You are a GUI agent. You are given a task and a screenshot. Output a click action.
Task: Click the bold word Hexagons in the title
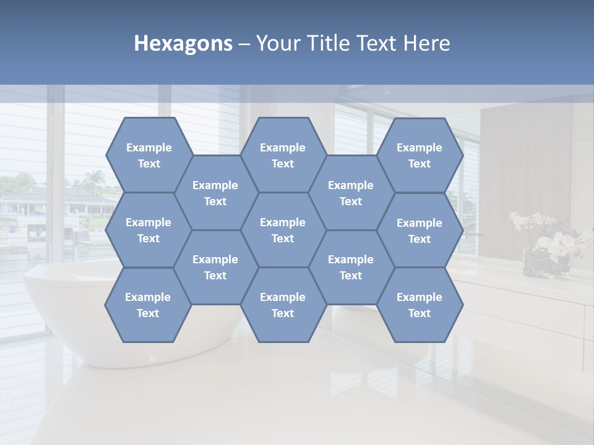click(x=183, y=43)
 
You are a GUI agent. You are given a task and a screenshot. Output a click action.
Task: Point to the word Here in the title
click(x=427, y=43)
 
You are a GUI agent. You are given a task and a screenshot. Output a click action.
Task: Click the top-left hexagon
click(x=148, y=155)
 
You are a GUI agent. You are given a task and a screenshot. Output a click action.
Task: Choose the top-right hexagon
click(x=420, y=155)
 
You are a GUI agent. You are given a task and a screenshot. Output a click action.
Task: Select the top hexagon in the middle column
click(x=283, y=155)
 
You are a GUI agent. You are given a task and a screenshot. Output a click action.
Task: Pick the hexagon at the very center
click(x=283, y=230)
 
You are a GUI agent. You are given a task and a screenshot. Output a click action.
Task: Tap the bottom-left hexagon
click(x=148, y=305)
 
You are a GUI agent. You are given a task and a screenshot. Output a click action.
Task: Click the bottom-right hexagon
click(x=420, y=305)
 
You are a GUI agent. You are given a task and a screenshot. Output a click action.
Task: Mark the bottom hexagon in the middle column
click(x=283, y=305)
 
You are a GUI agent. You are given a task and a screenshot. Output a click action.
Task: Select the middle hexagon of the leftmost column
click(x=148, y=230)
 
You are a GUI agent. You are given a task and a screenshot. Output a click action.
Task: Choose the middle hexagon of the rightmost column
click(x=420, y=231)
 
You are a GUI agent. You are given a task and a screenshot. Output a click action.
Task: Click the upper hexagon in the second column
click(x=215, y=193)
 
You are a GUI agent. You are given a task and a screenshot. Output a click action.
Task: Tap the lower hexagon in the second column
click(x=215, y=267)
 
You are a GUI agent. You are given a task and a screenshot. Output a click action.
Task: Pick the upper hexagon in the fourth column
click(x=351, y=193)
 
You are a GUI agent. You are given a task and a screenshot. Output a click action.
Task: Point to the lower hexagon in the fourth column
click(x=351, y=267)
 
